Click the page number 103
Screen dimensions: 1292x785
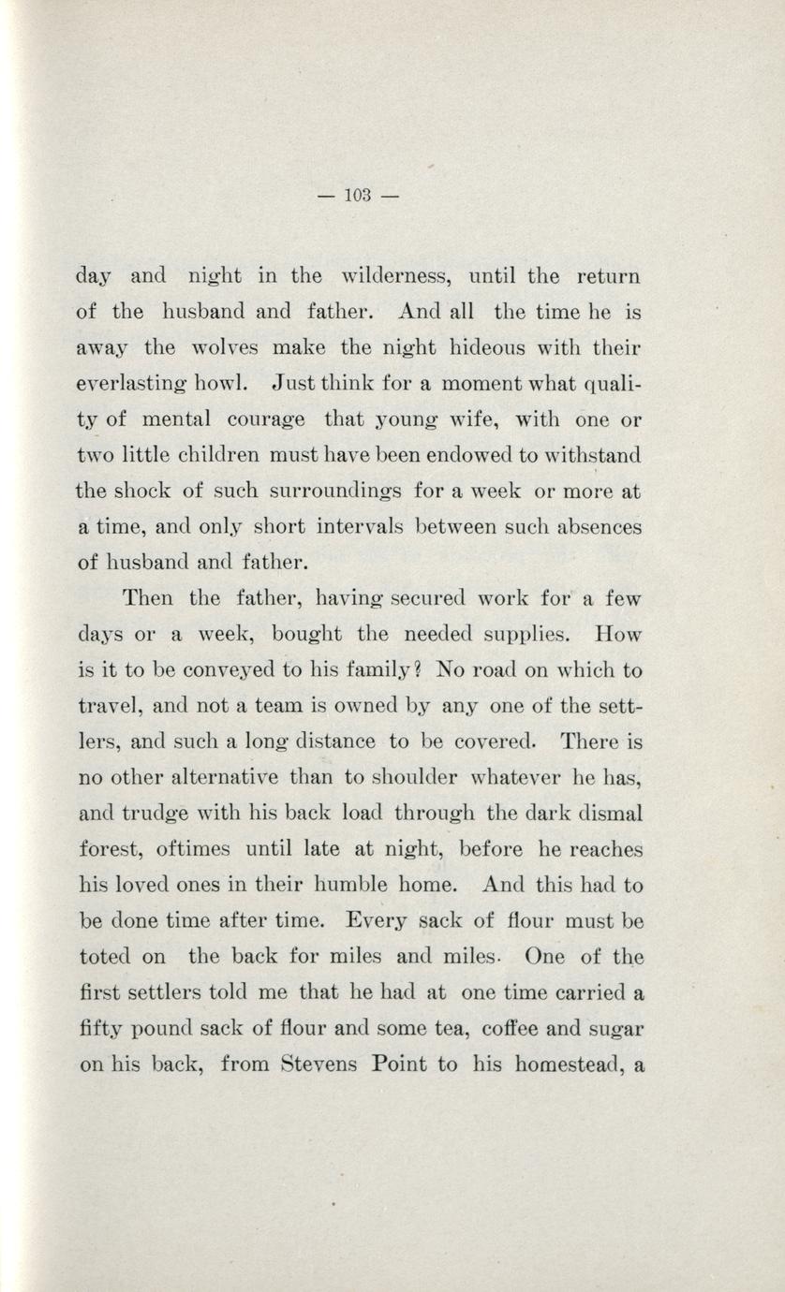click(x=359, y=196)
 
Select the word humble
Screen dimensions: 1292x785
click(x=404, y=885)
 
